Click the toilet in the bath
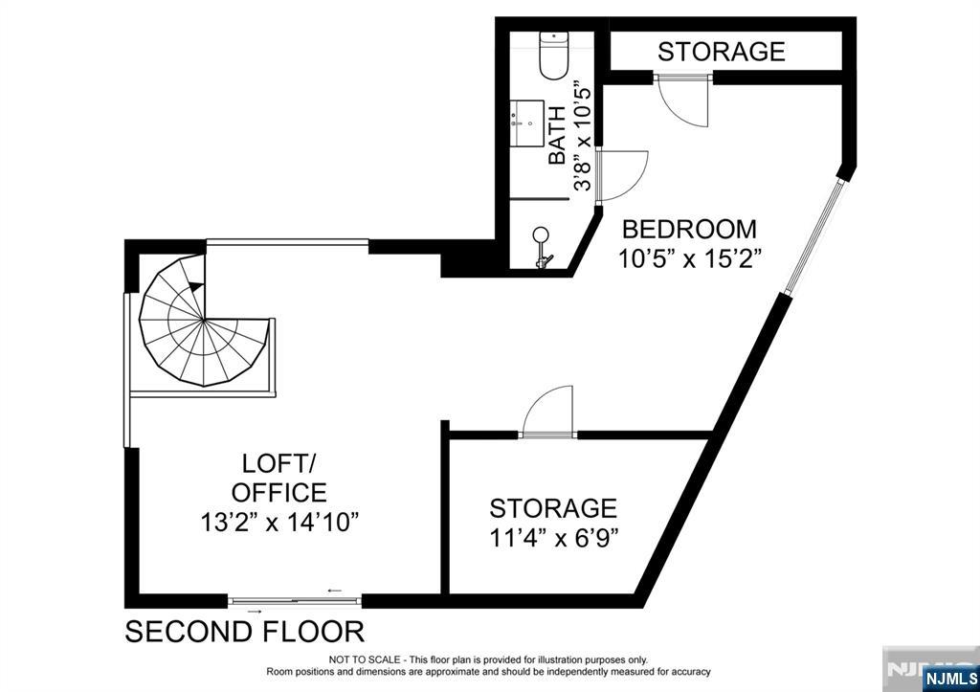[554, 56]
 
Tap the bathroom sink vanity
[525, 123]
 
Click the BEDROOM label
[689, 230]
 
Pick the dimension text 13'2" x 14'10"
[279, 523]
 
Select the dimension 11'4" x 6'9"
[553, 537]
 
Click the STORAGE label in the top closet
[721, 51]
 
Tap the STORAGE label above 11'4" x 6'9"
[553, 507]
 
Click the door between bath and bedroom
[620, 175]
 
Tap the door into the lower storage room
[547, 413]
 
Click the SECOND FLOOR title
[245, 632]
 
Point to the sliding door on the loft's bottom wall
[295, 601]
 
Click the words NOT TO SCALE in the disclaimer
[368, 659]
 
